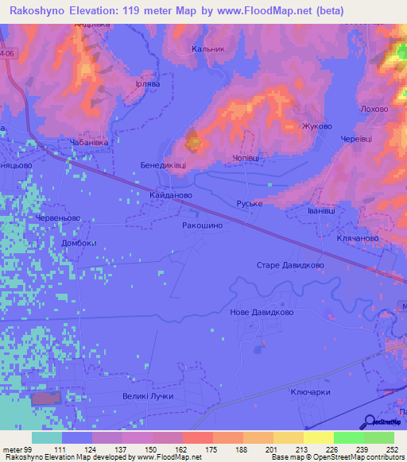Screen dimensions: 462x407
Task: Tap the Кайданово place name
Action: coord(168,194)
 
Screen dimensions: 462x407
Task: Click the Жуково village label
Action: coord(316,126)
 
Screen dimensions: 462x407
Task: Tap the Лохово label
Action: coord(374,109)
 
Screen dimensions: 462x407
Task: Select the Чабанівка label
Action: coord(89,143)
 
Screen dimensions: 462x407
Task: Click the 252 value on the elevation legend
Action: coord(390,450)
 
